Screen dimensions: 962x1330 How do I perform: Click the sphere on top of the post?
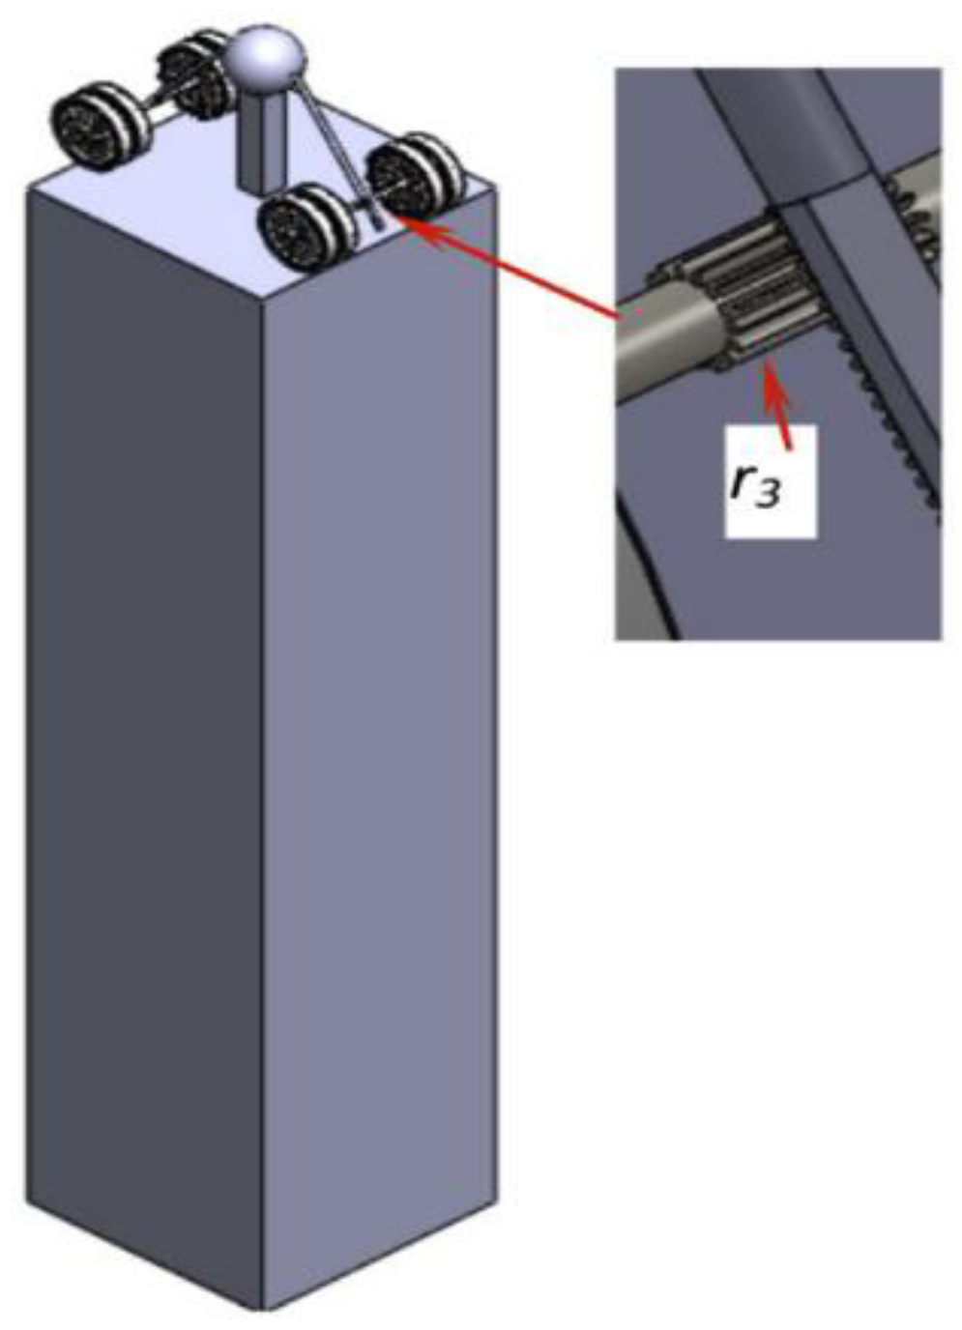265,58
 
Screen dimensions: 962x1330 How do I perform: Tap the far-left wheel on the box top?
101,127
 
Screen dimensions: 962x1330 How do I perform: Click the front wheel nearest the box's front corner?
307,227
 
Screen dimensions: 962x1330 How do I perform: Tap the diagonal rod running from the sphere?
335,152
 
